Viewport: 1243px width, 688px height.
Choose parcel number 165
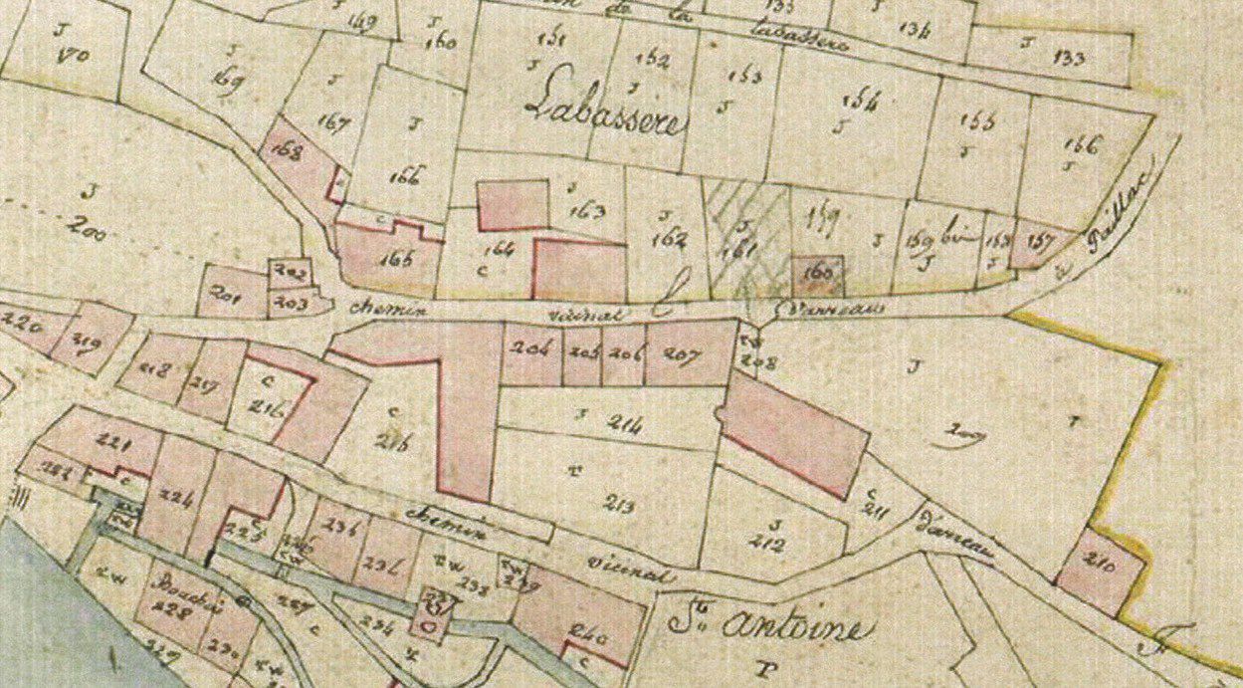(x=396, y=259)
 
